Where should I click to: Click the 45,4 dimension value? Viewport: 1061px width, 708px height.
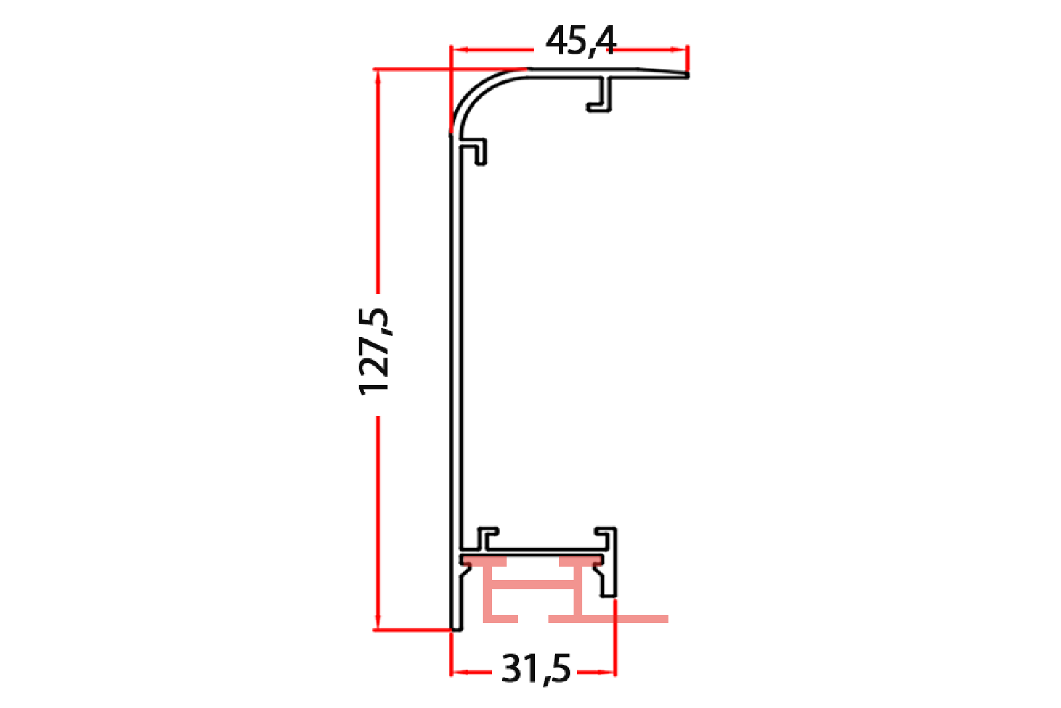coord(581,43)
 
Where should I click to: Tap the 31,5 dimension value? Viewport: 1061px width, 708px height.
coord(536,669)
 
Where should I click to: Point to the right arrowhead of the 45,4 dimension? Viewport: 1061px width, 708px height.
coord(678,49)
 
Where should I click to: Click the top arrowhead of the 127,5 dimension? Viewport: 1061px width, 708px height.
coord(377,78)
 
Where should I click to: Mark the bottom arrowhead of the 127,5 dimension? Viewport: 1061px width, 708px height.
coord(377,621)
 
